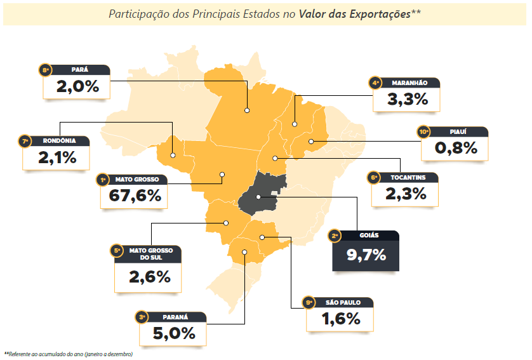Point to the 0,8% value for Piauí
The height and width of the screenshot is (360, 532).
[x=456, y=149]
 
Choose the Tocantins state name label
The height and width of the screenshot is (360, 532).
[x=409, y=177]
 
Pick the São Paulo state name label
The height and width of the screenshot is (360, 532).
[x=345, y=303]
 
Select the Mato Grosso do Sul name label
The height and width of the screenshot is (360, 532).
[x=151, y=254]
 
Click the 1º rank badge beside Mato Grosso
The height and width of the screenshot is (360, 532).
[x=103, y=180]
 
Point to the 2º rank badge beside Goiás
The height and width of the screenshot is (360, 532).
[x=335, y=236]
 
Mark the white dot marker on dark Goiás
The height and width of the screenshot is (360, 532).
[x=259, y=197]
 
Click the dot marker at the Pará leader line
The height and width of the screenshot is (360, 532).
[x=247, y=110]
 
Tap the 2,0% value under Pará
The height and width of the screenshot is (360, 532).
[x=77, y=86]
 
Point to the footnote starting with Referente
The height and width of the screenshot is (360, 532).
[x=69, y=354]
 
